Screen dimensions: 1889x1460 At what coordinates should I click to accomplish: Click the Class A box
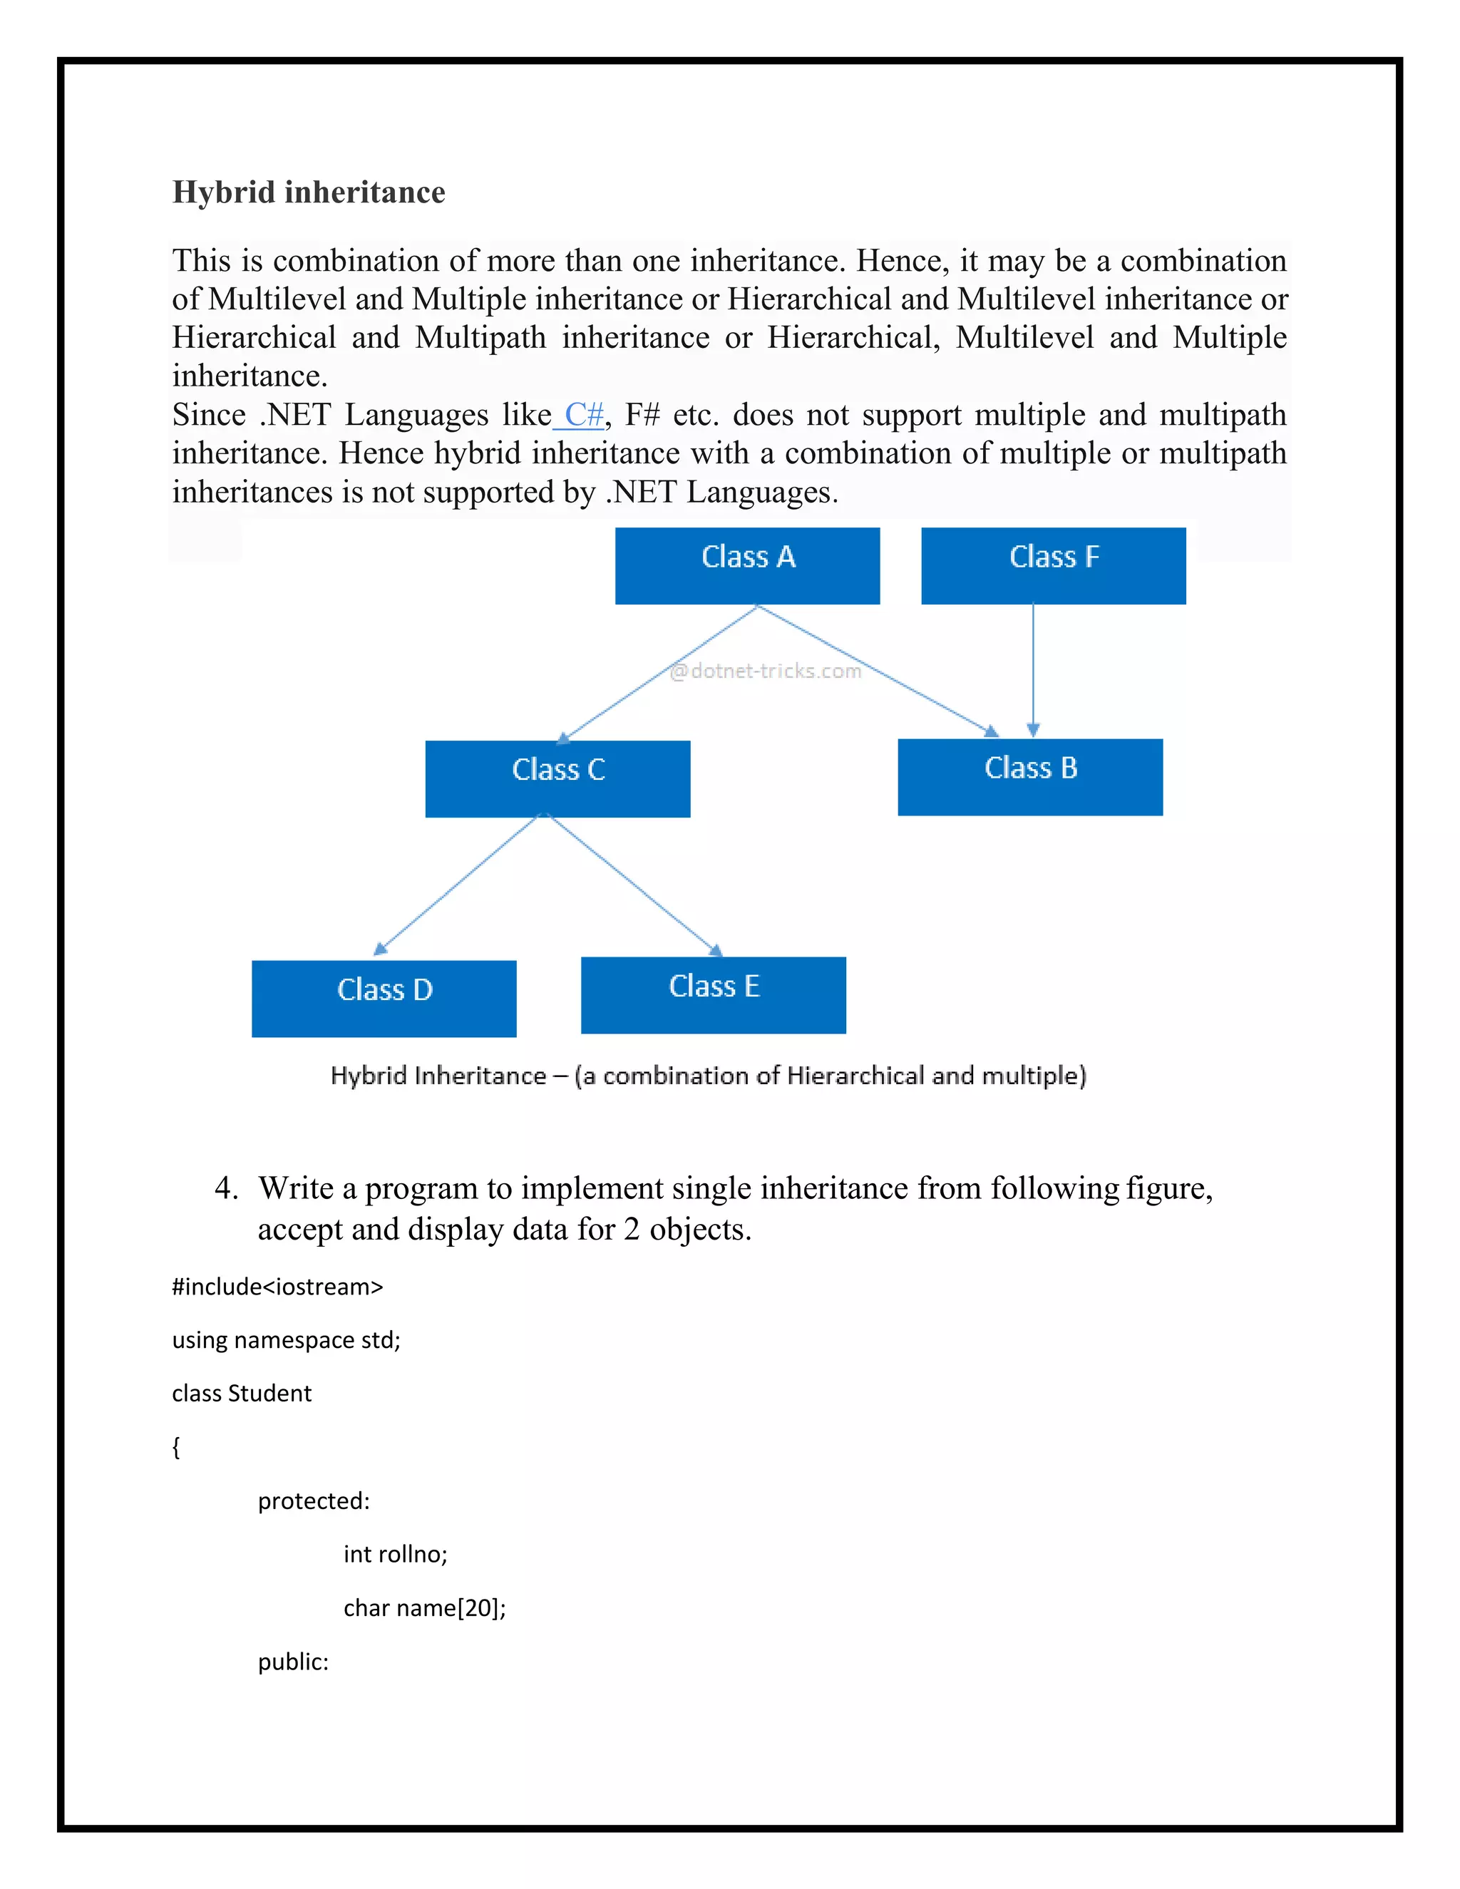(x=747, y=566)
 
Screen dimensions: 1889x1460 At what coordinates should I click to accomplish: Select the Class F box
(x=1053, y=566)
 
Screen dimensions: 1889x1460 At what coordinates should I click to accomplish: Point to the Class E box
(x=713, y=994)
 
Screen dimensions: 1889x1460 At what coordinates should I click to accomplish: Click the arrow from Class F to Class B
(x=1033, y=670)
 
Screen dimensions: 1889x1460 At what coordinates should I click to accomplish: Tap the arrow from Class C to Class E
(x=634, y=884)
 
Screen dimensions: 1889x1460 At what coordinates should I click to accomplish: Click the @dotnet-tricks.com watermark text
(x=766, y=670)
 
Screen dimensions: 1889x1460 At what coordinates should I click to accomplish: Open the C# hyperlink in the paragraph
(x=583, y=414)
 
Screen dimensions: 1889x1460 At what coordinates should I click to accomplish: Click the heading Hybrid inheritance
(x=309, y=192)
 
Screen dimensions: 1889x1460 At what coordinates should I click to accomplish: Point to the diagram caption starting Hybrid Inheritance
(x=707, y=1075)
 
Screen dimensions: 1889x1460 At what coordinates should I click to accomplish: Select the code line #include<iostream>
(x=277, y=1286)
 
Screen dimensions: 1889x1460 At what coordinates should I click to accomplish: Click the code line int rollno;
(x=395, y=1553)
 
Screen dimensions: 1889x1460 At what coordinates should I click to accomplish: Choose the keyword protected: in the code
(x=313, y=1501)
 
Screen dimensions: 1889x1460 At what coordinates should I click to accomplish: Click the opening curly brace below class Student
(x=177, y=1447)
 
